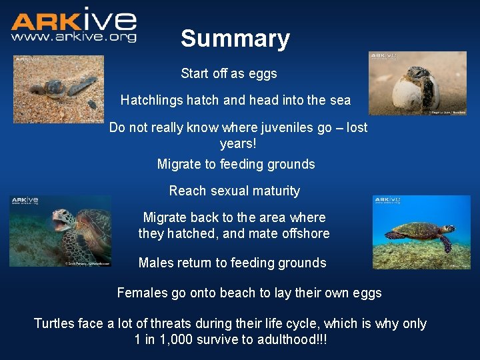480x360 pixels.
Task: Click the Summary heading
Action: pyautogui.click(x=235, y=39)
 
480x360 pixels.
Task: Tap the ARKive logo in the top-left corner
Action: pyautogui.click(x=73, y=20)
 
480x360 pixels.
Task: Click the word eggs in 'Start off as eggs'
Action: pyautogui.click(x=263, y=73)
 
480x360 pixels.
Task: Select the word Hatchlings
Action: pyautogui.click(x=151, y=101)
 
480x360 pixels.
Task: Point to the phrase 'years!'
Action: pyautogui.click(x=238, y=143)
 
